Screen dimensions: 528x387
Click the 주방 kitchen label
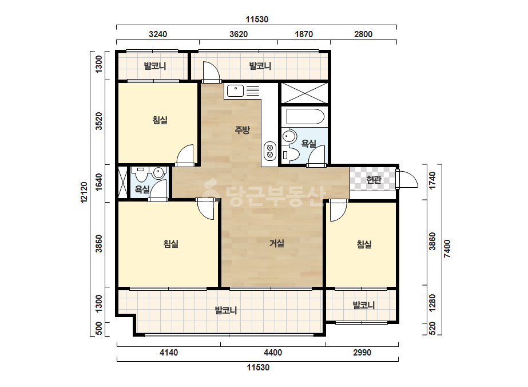[242, 130]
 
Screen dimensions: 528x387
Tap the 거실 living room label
[277, 243]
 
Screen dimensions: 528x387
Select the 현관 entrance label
[374, 179]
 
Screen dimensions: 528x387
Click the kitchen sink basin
[235, 91]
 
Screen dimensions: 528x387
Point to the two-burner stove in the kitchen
[270, 151]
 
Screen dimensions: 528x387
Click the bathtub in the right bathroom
[305, 117]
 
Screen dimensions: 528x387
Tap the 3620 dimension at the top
[239, 34]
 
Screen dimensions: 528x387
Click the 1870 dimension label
[304, 34]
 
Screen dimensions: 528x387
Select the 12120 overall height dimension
[84, 192]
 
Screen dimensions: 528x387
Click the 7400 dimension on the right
[447, 249]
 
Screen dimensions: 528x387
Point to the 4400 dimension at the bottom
[273, 353]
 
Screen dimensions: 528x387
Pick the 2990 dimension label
[362, 353]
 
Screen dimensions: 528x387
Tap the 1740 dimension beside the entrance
[432, 181]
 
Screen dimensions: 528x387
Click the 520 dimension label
[432, 329]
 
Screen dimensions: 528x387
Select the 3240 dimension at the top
[157, 34]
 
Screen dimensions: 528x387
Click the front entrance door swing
[407, 179]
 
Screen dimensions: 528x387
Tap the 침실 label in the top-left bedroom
[160, 120]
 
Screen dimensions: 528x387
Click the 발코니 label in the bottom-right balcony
[364, 305]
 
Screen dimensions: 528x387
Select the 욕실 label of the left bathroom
[142, 189]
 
